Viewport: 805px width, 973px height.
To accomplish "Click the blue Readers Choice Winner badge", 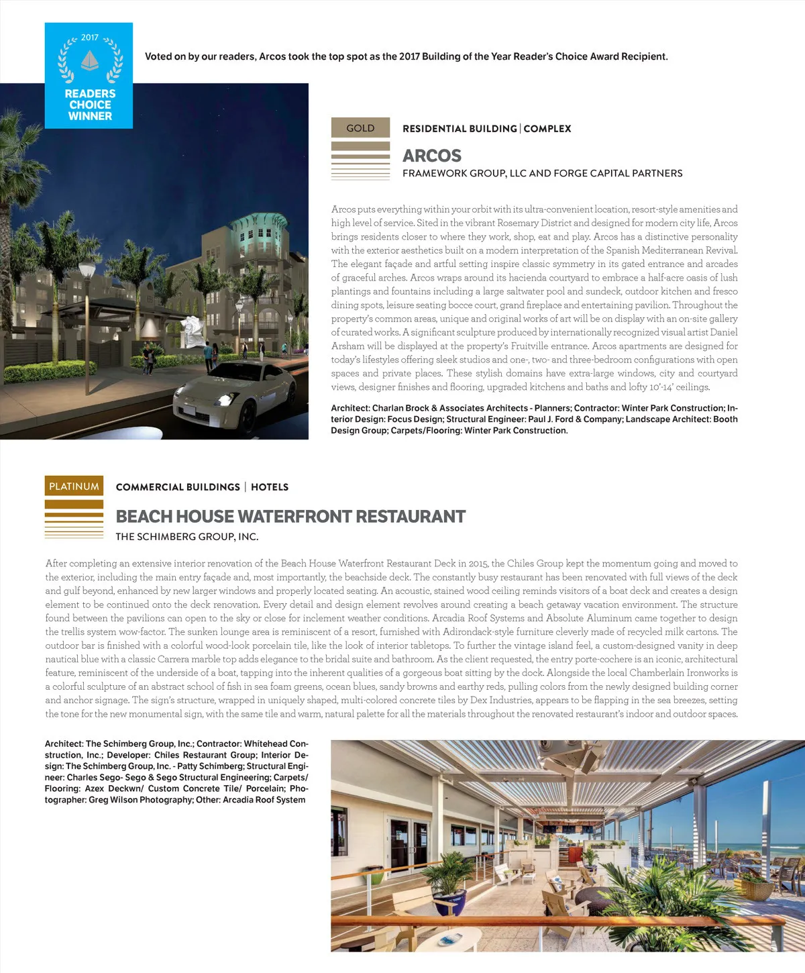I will [89, 75].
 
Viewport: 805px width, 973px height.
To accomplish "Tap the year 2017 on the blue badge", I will [90, 38].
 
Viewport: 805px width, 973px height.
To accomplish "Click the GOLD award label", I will [360, 127].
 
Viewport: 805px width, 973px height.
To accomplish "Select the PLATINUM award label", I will [74, 486].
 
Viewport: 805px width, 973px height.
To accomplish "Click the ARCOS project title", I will [432, 156].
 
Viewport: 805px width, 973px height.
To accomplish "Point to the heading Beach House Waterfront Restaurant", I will [290, 516].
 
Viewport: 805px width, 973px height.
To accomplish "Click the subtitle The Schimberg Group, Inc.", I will [187, 537].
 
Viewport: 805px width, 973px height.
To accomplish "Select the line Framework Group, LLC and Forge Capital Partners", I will [542, 173].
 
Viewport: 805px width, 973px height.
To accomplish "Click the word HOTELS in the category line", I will [270, 487].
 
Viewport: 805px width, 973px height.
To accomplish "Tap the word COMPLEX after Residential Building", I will [547, 129].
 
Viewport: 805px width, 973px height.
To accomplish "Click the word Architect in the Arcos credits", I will [350, 408].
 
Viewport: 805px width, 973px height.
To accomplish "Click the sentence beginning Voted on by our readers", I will [406, 56].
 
